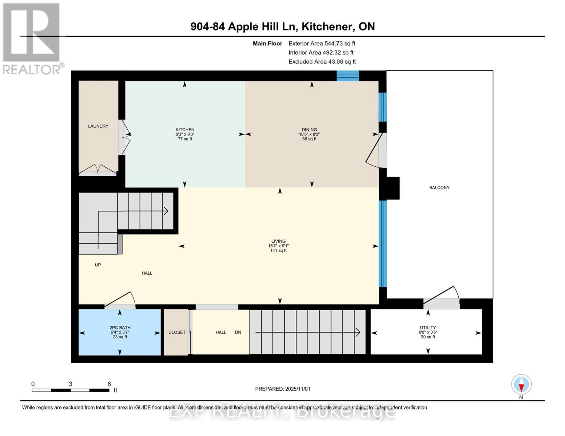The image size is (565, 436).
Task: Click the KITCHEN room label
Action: [x=185, y=130]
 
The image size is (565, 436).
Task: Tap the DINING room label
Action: [x=309, y=130]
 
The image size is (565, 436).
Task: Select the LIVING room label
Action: [x=278, y=241]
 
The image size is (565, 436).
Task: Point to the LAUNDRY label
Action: [x=98, y=126]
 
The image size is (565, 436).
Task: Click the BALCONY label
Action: [x=439, y=187]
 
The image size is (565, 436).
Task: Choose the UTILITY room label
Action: [x=428, y=327]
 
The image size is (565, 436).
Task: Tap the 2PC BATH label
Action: [x=120, y=327]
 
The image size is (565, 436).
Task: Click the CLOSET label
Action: [x=177, y=332]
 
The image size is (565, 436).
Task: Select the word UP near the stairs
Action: [x=98, y=265]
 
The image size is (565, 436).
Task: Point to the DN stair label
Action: [x=238, y=332]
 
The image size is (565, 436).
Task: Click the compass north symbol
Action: [x=521, y=385]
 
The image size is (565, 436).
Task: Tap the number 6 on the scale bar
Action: [x=109, y=384]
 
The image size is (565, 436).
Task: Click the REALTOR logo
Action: [x=32, y=38]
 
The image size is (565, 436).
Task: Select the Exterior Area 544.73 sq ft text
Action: [x=322, y=43]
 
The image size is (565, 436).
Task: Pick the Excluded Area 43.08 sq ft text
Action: [x=322, y=61]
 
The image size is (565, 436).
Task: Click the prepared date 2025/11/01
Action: [x=298, y=389]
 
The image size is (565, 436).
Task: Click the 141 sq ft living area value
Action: [x=278, y=250]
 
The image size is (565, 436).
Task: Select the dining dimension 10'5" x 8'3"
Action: [x=309, y=134]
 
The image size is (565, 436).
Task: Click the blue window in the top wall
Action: [x=347, y=76]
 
